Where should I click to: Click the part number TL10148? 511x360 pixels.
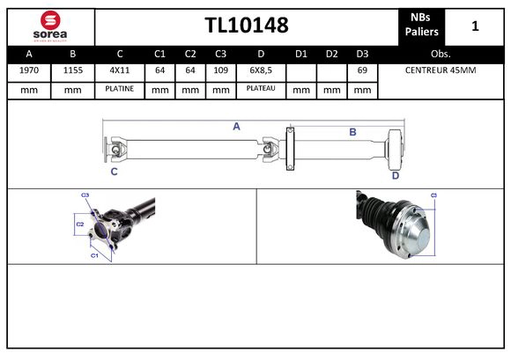(246, 26)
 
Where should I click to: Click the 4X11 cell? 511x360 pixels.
(119, 70)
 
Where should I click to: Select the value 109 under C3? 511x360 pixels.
(220, 70)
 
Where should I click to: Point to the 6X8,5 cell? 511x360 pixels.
(261, 70)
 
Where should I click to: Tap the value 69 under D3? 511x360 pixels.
(361, 70)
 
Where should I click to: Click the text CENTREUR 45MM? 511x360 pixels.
(440, 70)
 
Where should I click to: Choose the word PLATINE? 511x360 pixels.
(119, 89)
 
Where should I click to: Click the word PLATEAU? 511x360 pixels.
(261, 89)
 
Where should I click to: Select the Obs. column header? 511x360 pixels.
(441, 53)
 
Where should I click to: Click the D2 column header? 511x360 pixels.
(331, 53)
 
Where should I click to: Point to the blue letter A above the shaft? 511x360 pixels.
(236, 127)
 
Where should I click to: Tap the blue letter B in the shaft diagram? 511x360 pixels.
(352, 132)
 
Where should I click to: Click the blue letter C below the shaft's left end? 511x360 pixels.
(114, 173)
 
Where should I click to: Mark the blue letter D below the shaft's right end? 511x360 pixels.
(395, 175)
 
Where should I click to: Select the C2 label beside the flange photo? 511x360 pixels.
(78, 224)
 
